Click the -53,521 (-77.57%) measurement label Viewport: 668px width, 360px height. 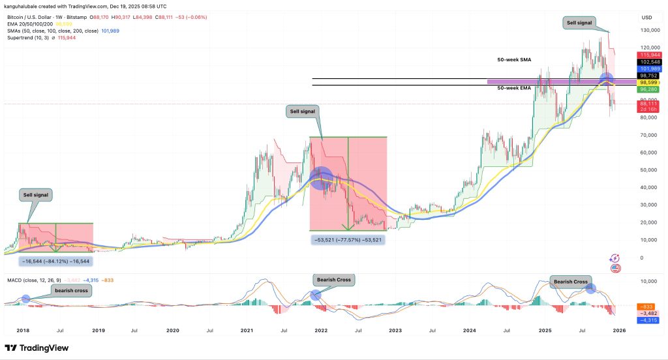(347, 239)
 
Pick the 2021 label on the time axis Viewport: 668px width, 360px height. (247, 331)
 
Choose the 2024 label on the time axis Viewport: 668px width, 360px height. (469, 331)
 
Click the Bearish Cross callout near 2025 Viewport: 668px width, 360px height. (569, 282)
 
